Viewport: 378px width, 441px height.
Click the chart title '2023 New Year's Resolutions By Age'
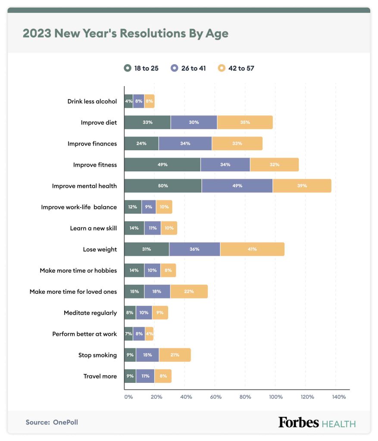pos(125,34)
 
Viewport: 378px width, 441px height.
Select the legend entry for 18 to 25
pos(141,68)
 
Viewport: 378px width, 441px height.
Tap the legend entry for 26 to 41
pos(188,68)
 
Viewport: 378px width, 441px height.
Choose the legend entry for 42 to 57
pos(236,68)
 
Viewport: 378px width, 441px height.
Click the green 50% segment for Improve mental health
pos(163,186)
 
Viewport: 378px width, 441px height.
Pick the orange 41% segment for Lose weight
pos(252,249)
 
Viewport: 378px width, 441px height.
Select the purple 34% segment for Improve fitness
pos(225,165)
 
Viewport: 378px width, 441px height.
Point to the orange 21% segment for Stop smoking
pos(175,355)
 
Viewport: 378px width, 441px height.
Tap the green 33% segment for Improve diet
pos(147,122)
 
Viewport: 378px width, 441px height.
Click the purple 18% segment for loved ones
pos(157,292)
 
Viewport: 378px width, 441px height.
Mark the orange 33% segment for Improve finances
pos(237,143)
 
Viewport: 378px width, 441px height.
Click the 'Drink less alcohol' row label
pos(92,101)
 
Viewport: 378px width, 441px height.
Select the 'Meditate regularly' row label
pos(90,313)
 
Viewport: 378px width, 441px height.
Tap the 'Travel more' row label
pos(100,376)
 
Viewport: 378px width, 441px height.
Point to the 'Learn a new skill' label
pos(93,228)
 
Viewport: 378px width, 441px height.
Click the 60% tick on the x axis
pos(216,397)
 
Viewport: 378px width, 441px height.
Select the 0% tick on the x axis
pos(128,397)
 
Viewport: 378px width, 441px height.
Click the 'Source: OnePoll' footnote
pos(52,422)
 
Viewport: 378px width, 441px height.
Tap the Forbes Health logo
pos(317,422)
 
